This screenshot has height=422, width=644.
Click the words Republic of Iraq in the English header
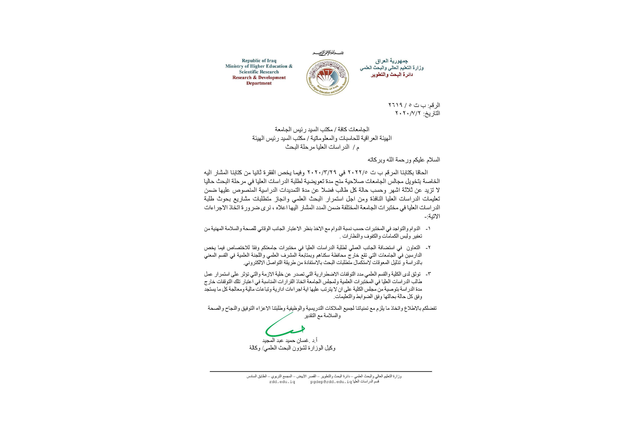pos(259,61)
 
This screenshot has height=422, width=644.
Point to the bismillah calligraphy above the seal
pos(327,53)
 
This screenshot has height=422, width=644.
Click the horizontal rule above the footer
pos(321,372)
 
